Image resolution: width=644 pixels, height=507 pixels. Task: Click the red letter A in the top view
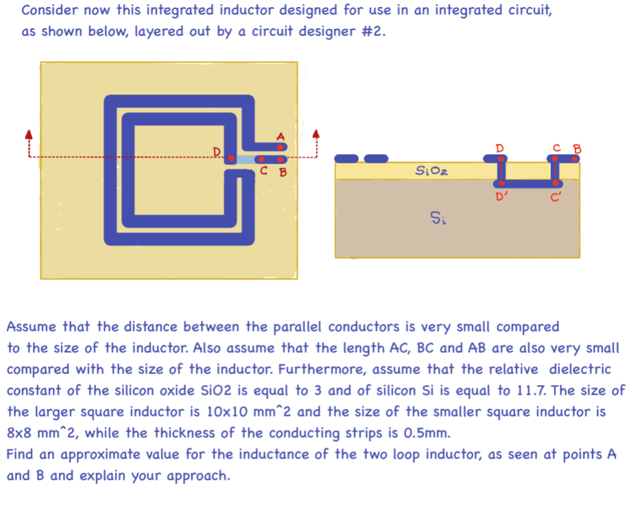click(x=280, y=136)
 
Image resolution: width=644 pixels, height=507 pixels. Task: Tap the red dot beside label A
click(x=279, y=147)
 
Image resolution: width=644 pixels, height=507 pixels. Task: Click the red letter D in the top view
click(x=216, y=151)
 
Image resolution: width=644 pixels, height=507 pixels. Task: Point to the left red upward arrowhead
click(x=28, y=134)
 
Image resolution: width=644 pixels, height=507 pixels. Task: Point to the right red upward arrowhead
click(x=316, y=134)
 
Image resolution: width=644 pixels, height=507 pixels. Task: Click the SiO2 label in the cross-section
click(x=432, y=171)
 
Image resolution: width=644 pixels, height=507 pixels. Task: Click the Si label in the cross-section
click(x=438, y=219)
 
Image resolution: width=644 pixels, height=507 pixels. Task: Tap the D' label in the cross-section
click(x=501, y=198)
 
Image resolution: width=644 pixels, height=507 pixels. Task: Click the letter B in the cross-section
click(x=576, y=147)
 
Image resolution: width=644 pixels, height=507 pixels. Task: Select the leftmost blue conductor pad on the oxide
click(x=347, y=159)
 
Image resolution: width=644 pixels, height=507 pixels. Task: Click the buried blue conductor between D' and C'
click(x=528, y=184)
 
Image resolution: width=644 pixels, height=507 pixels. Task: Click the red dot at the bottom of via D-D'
click(x=500, y=184)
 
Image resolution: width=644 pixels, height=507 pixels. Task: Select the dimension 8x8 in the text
click(x=23, y=434)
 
